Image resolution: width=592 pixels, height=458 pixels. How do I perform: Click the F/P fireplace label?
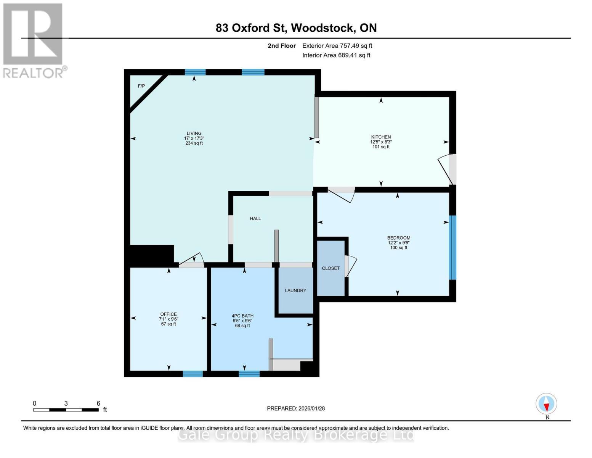[x=141, y=86]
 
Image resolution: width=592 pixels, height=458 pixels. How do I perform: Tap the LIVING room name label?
[x=194, y=133]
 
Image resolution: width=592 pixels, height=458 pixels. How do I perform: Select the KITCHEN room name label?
[x=381, y=137]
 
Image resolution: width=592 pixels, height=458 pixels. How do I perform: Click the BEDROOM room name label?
[x=399, y=238]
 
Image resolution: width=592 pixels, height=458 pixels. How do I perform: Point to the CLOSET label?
[x=330, y=268]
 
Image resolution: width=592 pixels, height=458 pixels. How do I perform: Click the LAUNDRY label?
[x=295, y=290]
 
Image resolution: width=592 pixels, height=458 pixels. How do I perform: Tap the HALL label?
[x=255, y=218]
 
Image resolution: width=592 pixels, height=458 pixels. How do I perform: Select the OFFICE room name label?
[x=168, y=314]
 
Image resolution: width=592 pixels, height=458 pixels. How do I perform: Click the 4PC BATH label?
[x=242, y=316]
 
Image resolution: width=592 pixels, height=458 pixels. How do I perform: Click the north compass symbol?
[x=547, y=404]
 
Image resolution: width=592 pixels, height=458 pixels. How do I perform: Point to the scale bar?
[x=66, y=410]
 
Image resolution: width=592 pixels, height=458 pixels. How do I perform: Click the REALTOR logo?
[x=34, y=40]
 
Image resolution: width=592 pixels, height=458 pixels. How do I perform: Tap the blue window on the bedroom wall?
[x=452, y=247]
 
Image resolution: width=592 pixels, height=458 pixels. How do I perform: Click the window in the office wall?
[x=193, y=374]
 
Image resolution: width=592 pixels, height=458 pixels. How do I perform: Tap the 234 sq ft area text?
[x=194, y=144]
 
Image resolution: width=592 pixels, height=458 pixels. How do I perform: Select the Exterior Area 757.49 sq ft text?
[x=337, y=46]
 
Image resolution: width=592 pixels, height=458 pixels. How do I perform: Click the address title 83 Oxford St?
[x=296, y=28]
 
